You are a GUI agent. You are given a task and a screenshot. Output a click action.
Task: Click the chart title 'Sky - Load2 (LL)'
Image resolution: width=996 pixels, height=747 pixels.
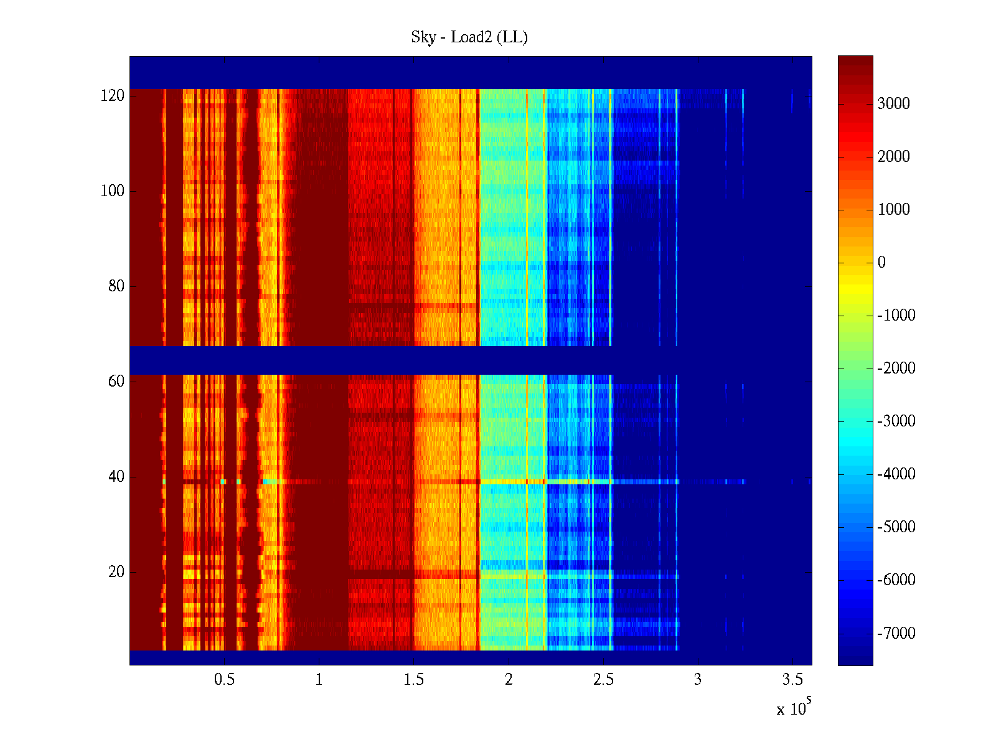(469, 37)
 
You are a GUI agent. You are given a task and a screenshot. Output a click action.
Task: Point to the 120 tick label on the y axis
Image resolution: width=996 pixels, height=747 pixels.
(113, 96)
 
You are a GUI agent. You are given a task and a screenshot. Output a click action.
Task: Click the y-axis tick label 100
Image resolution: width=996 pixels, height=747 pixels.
(113, 191)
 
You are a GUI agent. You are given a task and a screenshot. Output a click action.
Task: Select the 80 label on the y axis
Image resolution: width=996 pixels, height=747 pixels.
(116, 286)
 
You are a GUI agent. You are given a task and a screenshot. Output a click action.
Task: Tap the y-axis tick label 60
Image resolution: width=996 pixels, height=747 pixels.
(116, 382)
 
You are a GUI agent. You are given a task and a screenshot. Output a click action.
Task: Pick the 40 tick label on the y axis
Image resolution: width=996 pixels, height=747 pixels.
(116, 477)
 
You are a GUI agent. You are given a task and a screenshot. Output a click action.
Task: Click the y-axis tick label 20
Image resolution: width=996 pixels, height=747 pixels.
(116, 572)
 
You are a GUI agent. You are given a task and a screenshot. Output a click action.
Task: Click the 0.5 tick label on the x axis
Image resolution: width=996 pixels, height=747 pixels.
(224, 680)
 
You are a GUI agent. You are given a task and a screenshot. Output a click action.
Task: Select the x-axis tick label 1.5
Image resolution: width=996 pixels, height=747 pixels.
(413, 680)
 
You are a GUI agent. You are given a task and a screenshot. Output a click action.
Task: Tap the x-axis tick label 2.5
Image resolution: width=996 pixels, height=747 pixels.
(603, 680)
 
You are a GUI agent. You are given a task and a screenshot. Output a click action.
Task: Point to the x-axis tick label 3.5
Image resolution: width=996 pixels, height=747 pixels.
(792, 680)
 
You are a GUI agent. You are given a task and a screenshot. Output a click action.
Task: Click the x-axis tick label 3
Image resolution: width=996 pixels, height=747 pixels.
(698, 680)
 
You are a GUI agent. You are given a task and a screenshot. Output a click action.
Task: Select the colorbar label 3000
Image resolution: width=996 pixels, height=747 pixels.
(894, 104)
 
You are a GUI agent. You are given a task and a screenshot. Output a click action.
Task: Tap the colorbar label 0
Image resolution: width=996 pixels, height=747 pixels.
(881, 263)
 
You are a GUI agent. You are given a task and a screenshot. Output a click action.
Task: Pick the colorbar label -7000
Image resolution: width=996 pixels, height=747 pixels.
(896, 634)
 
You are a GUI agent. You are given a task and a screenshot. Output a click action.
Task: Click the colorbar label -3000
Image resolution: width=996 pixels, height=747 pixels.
(896, 421)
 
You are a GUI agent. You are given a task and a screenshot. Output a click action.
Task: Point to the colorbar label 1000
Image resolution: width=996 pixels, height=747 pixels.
(894, 210)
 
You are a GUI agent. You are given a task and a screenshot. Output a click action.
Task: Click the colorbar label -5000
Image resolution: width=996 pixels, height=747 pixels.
(896, 527)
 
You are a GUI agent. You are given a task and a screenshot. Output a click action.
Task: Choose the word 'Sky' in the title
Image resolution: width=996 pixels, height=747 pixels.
(423, 37)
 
